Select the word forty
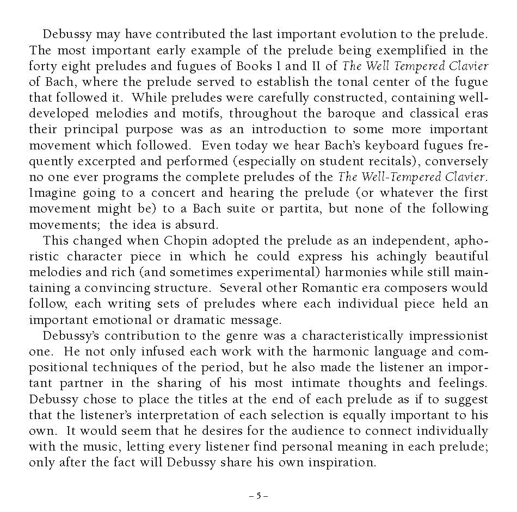(x=42, y=66)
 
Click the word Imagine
(x=53, y=193)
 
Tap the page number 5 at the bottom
(x=258, y=496)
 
